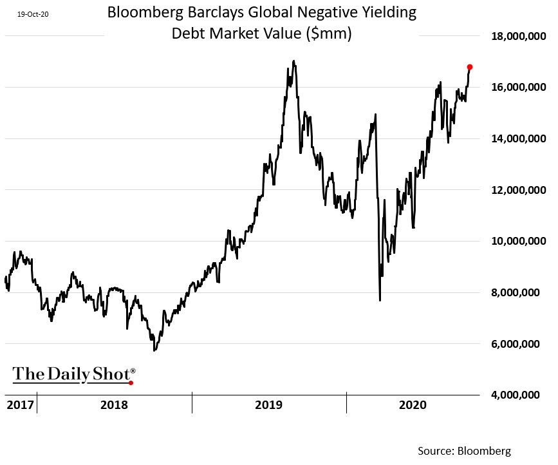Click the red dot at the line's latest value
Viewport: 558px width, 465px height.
[470, 67]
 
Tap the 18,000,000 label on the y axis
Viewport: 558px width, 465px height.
[515, 36]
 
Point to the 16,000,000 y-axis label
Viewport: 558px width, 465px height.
[515, 87]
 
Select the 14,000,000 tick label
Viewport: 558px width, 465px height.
[515, 138]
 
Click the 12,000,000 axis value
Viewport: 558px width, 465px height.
[515, 190]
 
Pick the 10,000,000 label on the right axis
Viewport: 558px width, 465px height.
[515, 241]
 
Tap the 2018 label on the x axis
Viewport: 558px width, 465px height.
[114, 405]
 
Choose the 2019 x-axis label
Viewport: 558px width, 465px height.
[268, 405]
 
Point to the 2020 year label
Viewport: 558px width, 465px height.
[413, 405]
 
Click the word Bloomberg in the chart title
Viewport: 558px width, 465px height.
[144, 12]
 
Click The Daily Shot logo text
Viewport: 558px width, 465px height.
[72, 374]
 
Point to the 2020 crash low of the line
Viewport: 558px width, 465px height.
[380, 300]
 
